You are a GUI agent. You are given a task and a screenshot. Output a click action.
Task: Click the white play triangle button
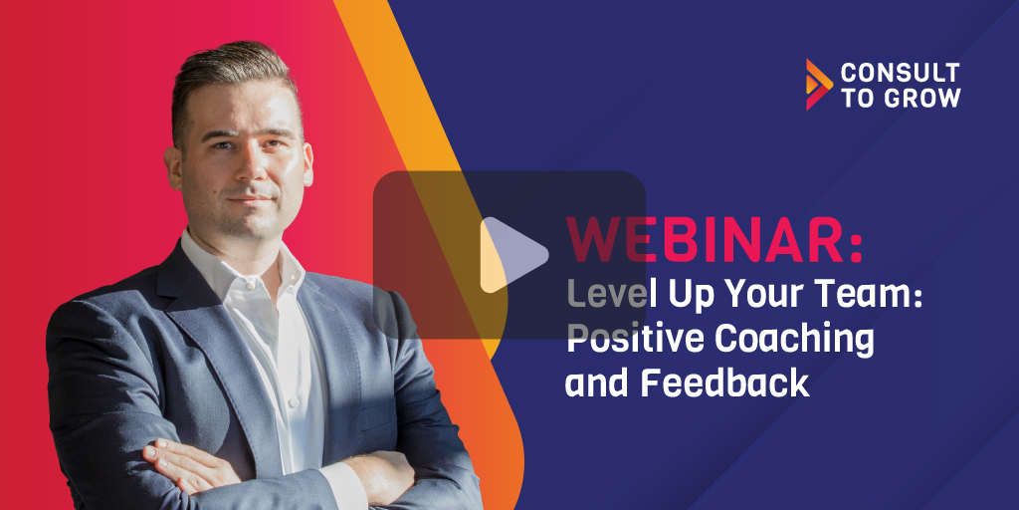coord(511,255)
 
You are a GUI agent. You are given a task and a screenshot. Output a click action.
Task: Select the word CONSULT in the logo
coord(900,73)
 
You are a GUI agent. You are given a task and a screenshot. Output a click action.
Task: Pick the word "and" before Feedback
coord(597,382)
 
